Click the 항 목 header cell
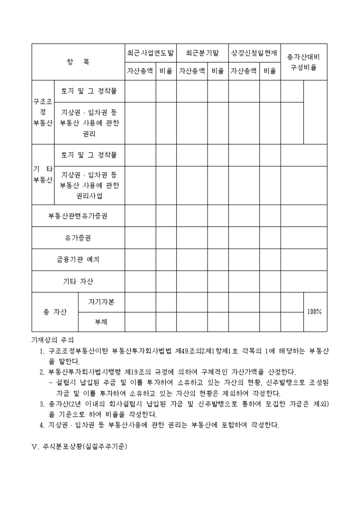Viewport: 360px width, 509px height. (x=78, y=62)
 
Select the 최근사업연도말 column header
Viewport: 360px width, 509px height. (x=150, y=53)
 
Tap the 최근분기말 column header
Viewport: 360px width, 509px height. (x=202, y=53)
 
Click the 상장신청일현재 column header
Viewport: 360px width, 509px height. (x=254, y=53)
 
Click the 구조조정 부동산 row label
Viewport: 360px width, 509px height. (x=43, y=112)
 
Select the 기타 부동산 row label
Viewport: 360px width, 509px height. (x=43, y=174)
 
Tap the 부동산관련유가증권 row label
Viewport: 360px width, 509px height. (x=78, y=216)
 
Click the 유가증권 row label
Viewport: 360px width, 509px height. (x=78, y=238)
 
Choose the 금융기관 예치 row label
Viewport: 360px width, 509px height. (x=78, y=260)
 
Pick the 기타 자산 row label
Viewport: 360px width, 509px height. (x=78, y=281)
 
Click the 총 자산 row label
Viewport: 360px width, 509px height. (x=55, y=312)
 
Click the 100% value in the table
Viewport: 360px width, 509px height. (x=314, y=312)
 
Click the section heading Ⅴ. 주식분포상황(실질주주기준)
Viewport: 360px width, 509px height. (x=79, y=446)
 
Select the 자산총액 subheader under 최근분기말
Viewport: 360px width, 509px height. (x=192, y=70)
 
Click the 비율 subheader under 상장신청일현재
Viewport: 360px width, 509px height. (x=269, y=70)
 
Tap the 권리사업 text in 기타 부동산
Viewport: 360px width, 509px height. (x=89, y=195)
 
